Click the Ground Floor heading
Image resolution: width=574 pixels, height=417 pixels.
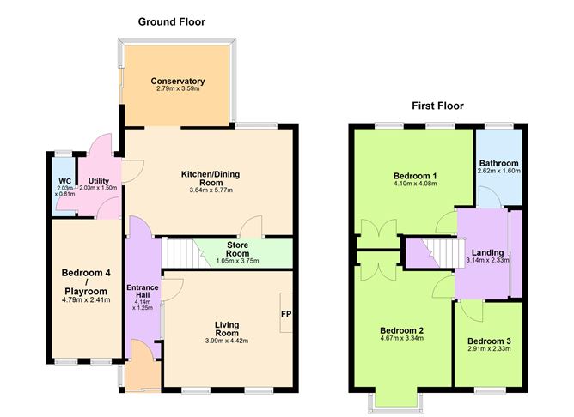pos(172,21)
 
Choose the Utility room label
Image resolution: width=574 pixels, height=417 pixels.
pos(97,181)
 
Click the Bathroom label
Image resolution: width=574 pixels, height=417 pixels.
pos(499,163)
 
